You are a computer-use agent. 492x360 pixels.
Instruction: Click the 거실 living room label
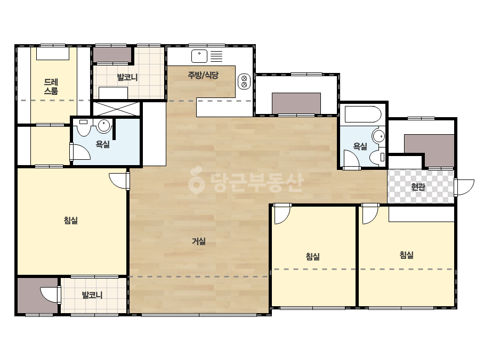199,241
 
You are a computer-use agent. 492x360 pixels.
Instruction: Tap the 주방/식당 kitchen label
203,75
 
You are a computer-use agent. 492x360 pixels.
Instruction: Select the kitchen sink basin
199,56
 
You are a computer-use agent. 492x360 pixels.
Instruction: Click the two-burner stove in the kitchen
244,81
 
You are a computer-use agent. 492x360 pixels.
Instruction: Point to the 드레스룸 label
51,87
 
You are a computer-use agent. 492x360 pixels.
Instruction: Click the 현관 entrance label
418,187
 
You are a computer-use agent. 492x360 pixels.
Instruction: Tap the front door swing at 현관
464,187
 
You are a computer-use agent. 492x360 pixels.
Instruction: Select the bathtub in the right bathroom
363,114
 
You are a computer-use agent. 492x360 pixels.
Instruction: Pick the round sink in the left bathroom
104,126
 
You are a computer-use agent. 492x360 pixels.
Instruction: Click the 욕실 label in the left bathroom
102,144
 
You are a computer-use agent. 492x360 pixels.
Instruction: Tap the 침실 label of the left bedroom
70,220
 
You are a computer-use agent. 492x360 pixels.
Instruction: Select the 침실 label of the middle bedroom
313,257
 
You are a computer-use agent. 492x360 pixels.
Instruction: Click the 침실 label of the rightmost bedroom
407,255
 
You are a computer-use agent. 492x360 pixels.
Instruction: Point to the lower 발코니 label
92,295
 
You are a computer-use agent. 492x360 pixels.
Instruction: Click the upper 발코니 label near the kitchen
127,77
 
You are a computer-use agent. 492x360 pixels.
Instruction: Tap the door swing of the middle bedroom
283,214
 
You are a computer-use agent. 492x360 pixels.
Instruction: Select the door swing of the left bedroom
119,181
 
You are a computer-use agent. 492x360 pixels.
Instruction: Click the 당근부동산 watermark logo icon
196,180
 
